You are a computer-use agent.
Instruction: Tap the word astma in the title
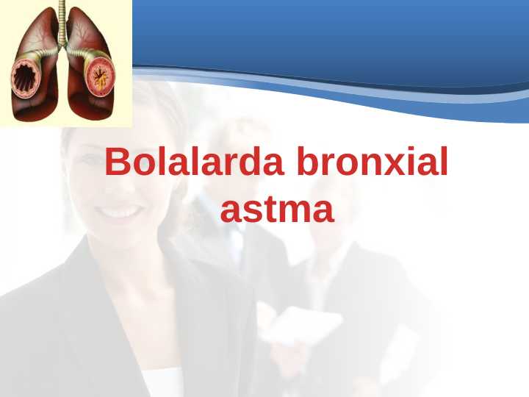coord(277,210)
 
